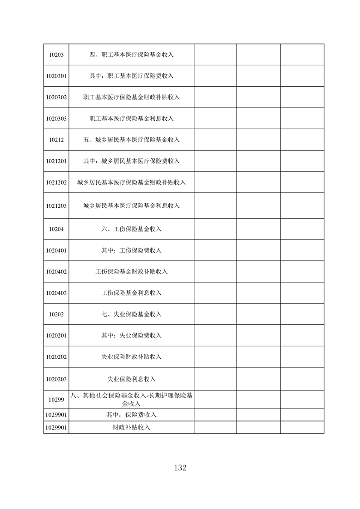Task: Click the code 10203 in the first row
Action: (56, 55)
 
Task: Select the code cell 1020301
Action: (56, 76)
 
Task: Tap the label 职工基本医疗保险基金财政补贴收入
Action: (132, 97)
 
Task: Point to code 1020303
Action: (56, 118)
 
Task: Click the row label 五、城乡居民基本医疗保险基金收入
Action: (132, 140)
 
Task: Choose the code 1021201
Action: (56, 161)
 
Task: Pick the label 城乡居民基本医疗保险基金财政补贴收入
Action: (132, 182)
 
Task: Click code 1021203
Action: (56, 206)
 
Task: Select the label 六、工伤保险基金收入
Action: (132, 229)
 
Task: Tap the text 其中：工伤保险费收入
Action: (132, 250)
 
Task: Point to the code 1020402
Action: (56, 272)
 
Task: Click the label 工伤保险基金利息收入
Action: (132, 293)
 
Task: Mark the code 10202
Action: (56, 314)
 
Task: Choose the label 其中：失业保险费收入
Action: (132, 335)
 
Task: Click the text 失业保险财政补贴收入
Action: (132, 357)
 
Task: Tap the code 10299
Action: (56, 400)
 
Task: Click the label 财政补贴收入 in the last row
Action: (132, 427)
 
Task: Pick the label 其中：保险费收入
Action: (132, 415)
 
